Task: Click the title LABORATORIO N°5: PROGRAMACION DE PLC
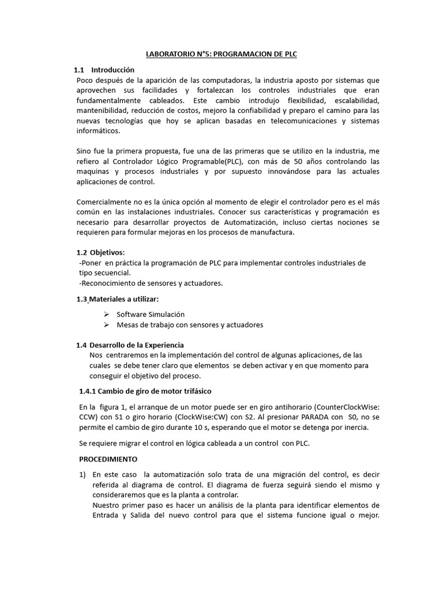click(221, 54)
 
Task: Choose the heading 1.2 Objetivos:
click(100, 252)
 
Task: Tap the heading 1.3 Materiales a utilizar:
click(117, 299)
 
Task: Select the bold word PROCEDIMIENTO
click(108, 459)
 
